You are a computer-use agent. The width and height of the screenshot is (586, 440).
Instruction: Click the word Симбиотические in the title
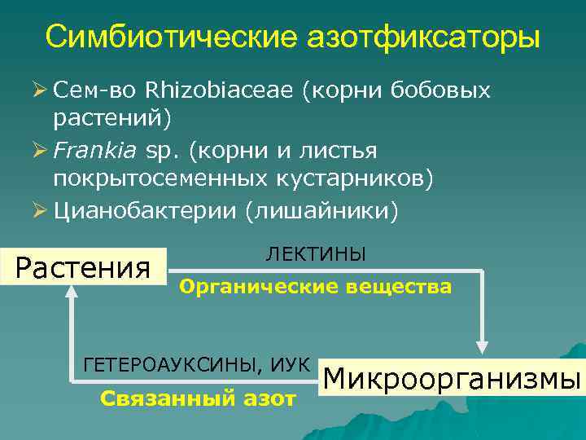[173, 36]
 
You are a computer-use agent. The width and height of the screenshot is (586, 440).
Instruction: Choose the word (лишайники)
[321, 212]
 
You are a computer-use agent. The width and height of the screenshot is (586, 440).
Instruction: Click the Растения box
[84, 266]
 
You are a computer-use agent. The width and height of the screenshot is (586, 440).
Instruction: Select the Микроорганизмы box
[453, 380]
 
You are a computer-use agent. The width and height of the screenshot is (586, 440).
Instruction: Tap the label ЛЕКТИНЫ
[316, 254]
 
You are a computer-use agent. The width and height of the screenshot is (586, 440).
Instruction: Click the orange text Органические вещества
[315, 287]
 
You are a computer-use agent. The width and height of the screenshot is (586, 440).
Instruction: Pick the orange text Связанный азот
[197, 398]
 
